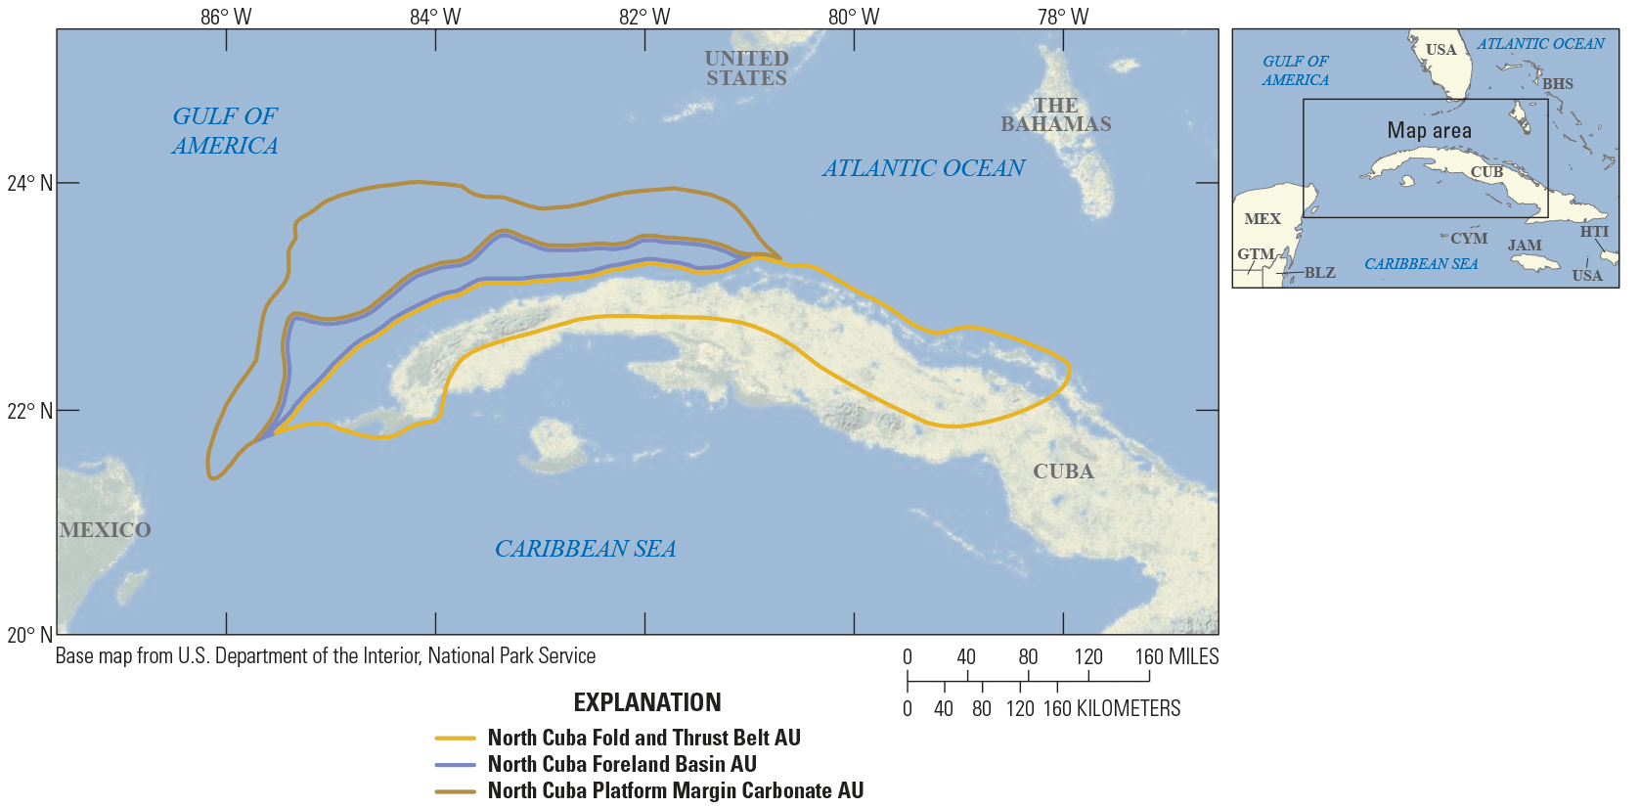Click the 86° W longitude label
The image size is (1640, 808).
226,17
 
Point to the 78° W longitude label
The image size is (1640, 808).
1063,17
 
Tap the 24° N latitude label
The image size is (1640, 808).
29,183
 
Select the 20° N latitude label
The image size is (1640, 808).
29,635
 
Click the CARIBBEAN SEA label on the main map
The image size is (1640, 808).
585,549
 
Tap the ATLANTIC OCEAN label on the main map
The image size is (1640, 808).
923,168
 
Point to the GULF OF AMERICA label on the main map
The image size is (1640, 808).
225,131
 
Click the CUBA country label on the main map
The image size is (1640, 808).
1063,471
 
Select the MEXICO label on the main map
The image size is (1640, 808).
105,530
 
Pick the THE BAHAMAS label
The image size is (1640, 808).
1055,114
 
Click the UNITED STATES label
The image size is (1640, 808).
746,68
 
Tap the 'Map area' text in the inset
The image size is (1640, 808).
1429,130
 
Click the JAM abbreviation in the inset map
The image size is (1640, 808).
1524,246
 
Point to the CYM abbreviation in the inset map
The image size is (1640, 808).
1468,238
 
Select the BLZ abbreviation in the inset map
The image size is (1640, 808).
1319,273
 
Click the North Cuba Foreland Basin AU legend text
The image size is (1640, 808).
622,764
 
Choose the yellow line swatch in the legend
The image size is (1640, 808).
455,738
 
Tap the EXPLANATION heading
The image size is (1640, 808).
647,702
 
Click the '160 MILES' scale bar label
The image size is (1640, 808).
1176,656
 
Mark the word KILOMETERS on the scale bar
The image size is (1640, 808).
1129,708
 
